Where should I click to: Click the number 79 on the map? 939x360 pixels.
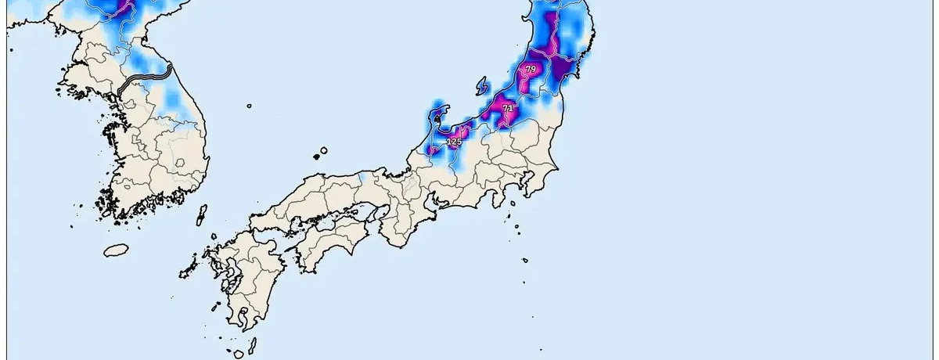tap(531, 70)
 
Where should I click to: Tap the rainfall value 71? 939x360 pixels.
tap(508, 108)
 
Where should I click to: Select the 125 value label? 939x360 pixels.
tap(454, 142)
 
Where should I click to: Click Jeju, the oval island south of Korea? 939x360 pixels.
tap(116, 250)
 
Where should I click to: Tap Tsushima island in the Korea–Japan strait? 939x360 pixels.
tap(201, 215)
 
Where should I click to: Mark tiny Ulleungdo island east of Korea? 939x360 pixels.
tap(249, 106)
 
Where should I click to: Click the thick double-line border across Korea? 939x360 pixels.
tap(145, 78)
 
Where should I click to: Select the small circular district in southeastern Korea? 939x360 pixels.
tap(180, 163)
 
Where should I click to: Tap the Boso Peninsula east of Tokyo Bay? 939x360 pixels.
tap(540, 185)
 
